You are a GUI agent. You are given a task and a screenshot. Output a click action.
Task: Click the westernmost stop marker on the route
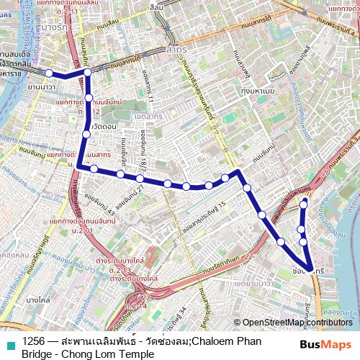[x=49, y=73]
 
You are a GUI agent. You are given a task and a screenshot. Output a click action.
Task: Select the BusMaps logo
[x=326, y=345]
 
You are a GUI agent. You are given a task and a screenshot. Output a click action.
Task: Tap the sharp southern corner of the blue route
[x=311, y=271]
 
